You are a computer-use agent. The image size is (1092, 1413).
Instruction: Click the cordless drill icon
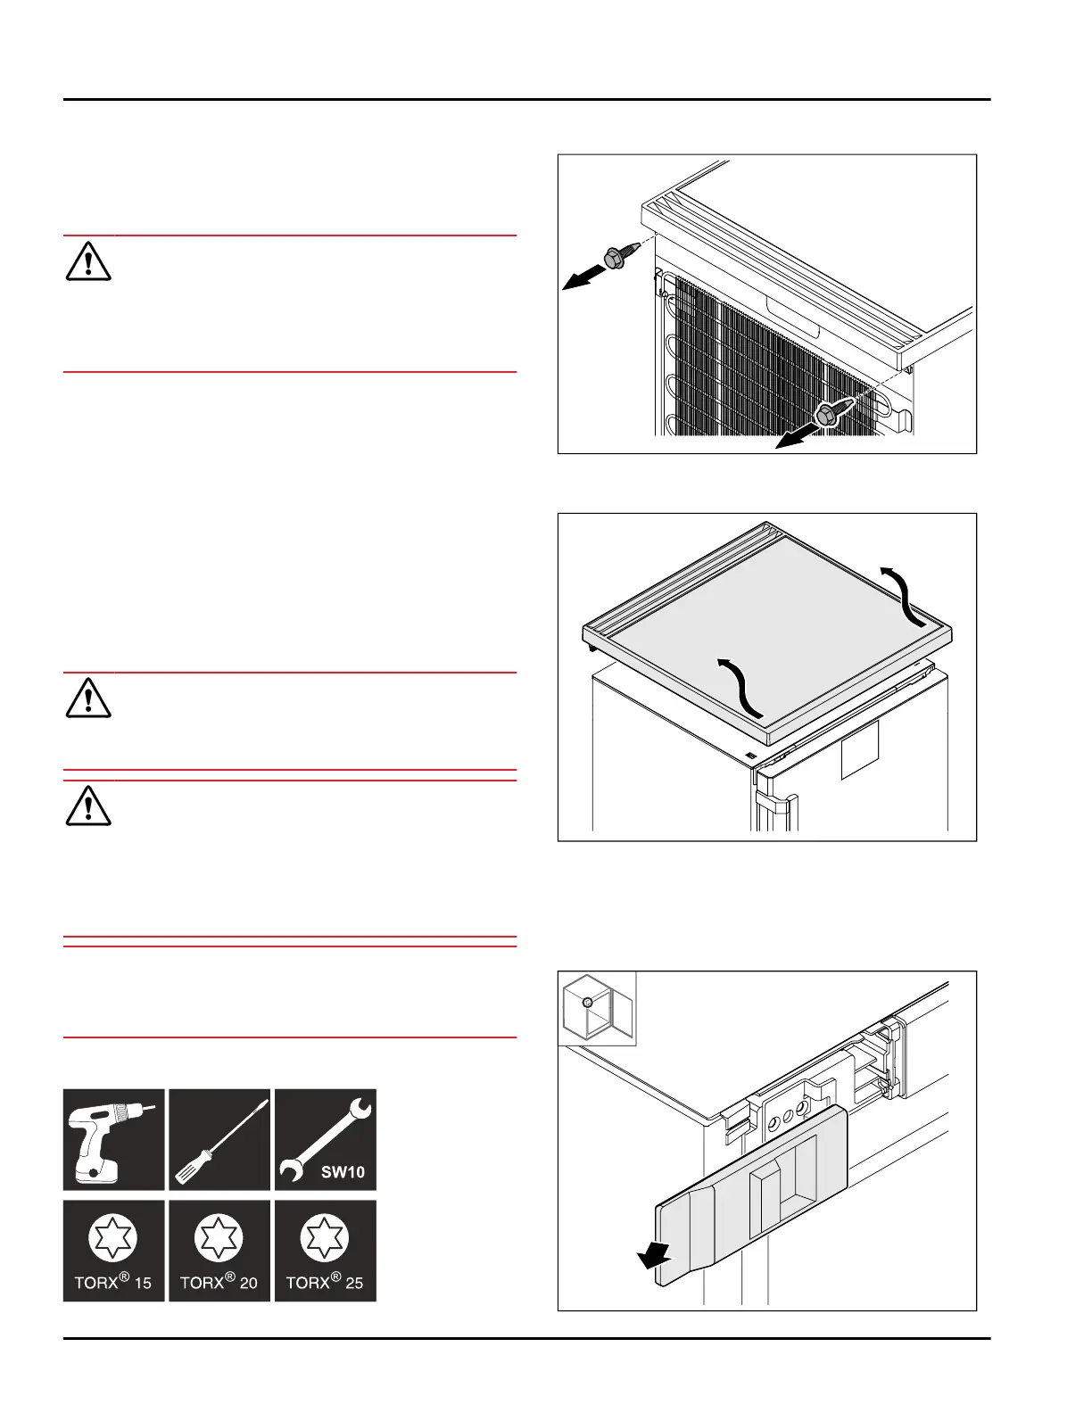(x=113, y=1139)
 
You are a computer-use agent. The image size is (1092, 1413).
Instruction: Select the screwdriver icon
(x=219, y=1139)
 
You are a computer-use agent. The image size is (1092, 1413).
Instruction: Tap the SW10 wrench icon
(x=325, y=1139)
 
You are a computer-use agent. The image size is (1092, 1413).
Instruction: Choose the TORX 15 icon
(x=113, y=1250)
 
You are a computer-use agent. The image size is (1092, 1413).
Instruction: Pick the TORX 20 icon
(x=219, y=1250)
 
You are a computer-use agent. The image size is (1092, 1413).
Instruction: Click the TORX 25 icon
(x=325, y=1250)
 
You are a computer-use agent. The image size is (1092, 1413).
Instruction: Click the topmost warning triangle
(x=87, y=261)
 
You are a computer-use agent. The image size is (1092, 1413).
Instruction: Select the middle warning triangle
(x=87, y=698)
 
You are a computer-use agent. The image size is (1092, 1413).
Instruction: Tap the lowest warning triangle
(x=87, y=806)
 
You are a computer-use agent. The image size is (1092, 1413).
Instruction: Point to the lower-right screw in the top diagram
(x=828, y=413)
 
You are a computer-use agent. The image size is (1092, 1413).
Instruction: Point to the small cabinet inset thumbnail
(x=597, y=1008)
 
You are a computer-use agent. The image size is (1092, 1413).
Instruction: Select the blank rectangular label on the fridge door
(x=860, y=750)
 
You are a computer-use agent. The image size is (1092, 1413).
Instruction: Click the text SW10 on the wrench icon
(x=343, y=1172)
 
